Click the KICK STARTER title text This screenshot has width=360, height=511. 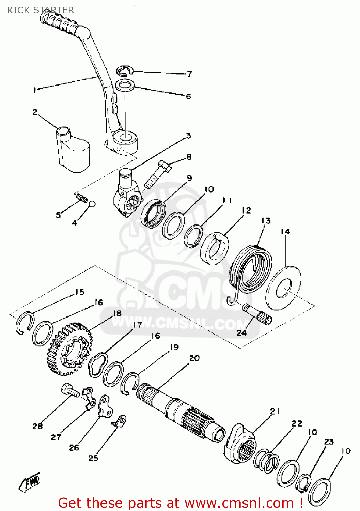click(x=40, y=10)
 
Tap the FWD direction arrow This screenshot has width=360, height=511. click(x=31, y=482)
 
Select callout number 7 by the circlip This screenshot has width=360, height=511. click(x=189, y=74)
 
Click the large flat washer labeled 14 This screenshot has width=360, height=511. click(x=283, y=288)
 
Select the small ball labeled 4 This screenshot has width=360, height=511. click(x=92, y=204)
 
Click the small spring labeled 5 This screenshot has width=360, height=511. click(x=82, y=198)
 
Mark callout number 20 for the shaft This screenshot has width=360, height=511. click(x=194, y=358)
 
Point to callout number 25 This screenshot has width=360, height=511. click(x=93, y=458)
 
